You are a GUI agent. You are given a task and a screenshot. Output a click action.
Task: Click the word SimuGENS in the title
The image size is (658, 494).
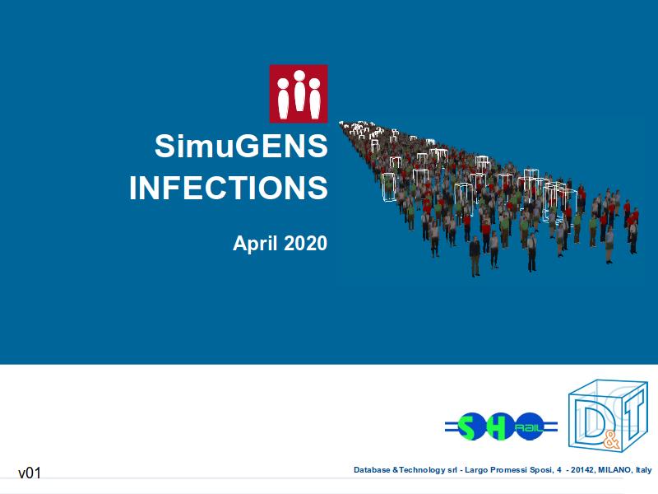pos(241,147)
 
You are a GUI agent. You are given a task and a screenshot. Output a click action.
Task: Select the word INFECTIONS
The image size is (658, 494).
pos(229,188)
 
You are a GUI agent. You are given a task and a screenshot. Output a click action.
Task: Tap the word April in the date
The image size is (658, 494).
pos(255,244)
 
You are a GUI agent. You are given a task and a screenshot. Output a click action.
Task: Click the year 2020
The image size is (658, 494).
pos(305,243)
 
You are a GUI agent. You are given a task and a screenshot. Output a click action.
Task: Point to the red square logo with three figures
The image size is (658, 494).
pos(299,94)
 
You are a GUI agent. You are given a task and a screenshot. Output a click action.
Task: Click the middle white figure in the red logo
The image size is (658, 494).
pos(299,91)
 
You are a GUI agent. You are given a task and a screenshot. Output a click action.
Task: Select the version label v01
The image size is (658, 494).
pos(30,473)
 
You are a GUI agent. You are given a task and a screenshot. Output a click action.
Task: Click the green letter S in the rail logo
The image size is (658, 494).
pos(465,426)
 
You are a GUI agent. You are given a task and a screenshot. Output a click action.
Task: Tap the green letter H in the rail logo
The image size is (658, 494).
pos(498,426)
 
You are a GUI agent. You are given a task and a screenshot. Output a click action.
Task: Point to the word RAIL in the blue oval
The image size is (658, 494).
pos(529,427)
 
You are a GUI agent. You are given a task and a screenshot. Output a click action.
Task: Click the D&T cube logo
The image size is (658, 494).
pos(608,416)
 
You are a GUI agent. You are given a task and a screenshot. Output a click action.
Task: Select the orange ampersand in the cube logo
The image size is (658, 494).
pos(610,441)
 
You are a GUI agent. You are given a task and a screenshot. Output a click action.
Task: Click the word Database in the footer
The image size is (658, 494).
pos(372,469)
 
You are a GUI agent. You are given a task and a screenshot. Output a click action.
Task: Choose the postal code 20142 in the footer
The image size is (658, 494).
pos(582,469)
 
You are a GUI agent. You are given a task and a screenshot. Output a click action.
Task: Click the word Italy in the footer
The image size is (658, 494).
pos(644,469)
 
